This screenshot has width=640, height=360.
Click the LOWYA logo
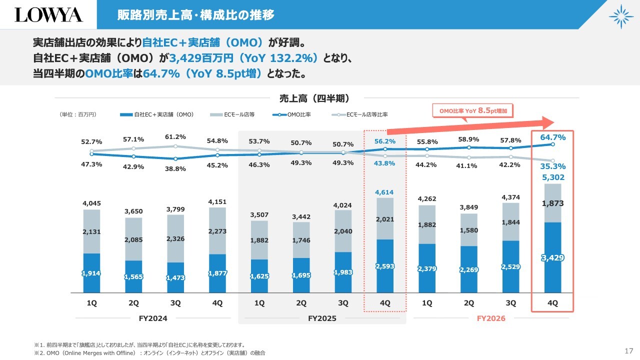coord(48,15)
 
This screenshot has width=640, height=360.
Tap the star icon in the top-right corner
coord(621,16)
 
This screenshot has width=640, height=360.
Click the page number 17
coord(629,351)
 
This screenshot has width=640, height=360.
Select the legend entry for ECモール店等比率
coord(359,114)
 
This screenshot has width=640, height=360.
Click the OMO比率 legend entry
coord(291,114)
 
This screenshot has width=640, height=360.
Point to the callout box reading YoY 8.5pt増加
coord(473,111)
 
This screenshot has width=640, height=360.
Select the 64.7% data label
coord(553,137)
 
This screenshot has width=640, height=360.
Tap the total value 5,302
coord(553,177)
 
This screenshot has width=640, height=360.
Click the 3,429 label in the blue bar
coord(553,257)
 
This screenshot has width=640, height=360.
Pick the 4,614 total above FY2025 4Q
coord(384,192)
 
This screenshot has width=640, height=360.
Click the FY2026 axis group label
coord(491,318)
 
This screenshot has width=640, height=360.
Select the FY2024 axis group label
coord(153,318)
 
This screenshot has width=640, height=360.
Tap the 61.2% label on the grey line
coord(175,137)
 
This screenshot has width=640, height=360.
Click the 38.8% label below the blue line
coord(175,169)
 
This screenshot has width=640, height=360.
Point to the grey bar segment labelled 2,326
coord(175,238)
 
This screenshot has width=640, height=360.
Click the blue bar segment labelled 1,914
coord(91,273)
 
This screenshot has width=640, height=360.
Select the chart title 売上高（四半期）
coord(314,98)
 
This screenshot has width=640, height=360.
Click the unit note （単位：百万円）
coord(77,114)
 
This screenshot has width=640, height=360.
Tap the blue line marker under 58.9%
coord(469,147)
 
